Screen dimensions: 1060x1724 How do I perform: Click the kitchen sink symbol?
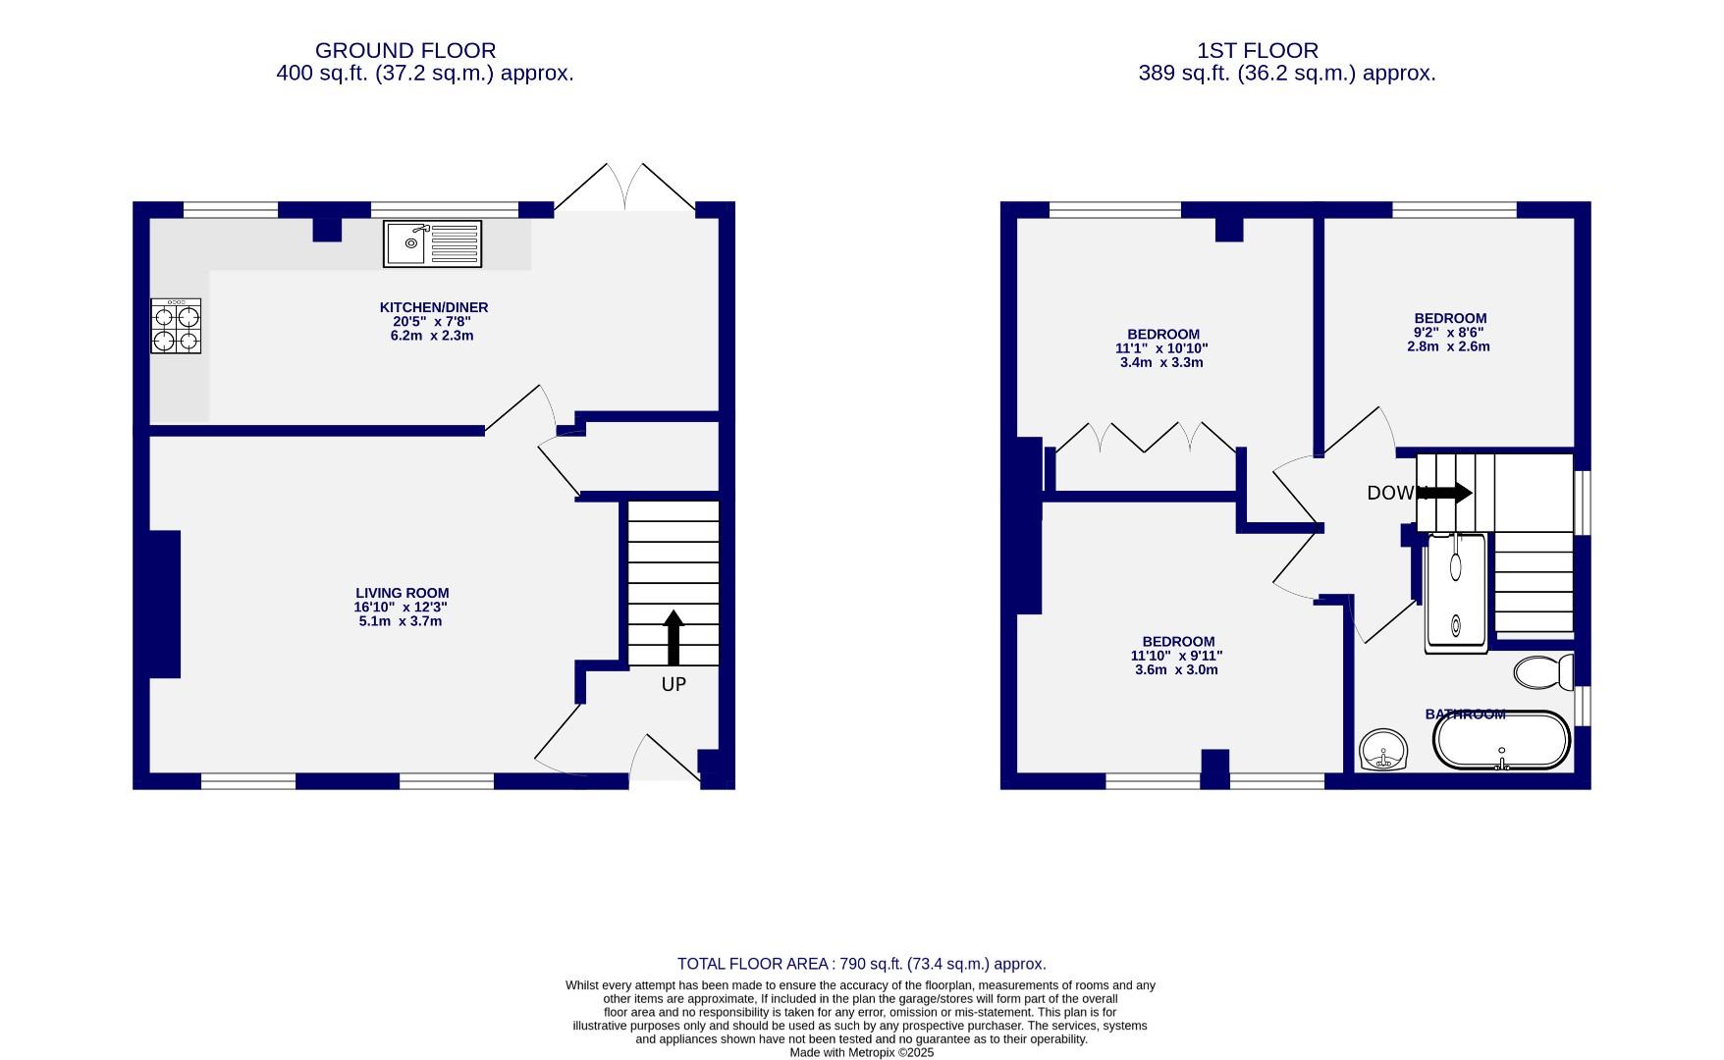click(432, 243)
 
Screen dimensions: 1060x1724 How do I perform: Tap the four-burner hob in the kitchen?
click(176, 327)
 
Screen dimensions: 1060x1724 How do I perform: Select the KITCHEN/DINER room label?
click(434, 307)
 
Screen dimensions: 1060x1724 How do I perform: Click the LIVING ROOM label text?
click(402, 593)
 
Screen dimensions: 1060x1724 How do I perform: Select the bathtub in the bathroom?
click(1501, 741)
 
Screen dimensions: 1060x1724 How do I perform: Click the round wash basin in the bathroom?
click(1384, 751)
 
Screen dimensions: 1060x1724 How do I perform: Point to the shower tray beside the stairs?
click(1456, 592)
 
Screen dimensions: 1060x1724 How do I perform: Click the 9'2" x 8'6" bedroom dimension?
click(1449, 333)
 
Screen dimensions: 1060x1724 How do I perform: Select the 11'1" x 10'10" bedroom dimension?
click(1161, 348)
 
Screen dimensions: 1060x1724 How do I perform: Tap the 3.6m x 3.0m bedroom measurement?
click(1176, 670)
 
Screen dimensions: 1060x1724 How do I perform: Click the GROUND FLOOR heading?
click(404, 50)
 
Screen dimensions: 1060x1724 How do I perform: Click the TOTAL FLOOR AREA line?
click(861, 964)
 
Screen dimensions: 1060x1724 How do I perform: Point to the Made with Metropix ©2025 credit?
click(861, 1052)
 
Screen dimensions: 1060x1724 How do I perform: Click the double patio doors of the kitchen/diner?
click(625, 187)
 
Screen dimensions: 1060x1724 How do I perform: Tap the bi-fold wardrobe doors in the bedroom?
click(1145, 438)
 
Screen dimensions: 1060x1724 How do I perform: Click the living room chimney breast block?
click(165, 604)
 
